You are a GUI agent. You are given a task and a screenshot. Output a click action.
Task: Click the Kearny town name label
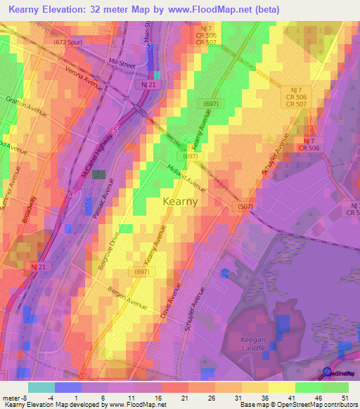click(180, 201)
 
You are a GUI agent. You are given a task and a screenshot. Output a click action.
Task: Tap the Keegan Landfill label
click(248, 344)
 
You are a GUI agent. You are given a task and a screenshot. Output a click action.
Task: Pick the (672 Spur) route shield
click(68, 43)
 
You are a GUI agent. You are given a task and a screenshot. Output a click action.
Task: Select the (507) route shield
click(243, 205)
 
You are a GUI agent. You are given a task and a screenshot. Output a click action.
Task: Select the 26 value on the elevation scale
click(210, 397)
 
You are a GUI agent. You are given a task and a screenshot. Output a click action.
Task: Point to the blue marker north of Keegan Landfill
click(224, 273)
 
